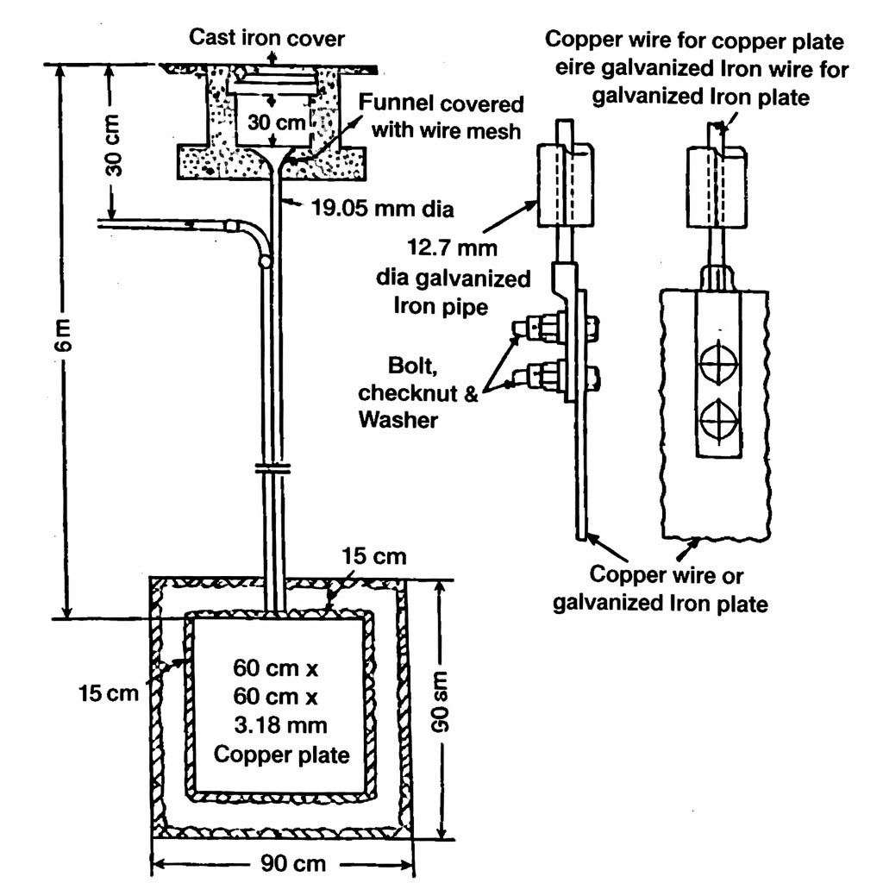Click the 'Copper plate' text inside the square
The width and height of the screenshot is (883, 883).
(281, 755)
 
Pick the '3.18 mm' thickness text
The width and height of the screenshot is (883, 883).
(281, 725)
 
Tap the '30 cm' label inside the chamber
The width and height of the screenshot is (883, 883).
(272, 122)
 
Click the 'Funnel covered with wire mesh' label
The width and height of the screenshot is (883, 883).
(441, 117)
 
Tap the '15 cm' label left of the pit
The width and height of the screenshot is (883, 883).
(108, 692)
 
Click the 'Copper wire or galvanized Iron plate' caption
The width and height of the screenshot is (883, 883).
(660, 589)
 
